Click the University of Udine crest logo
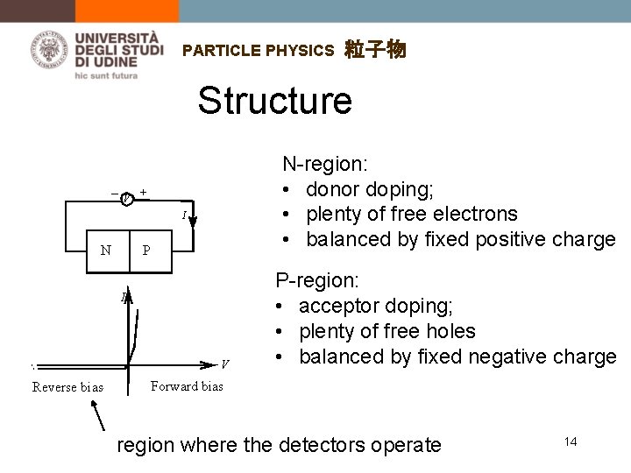[51, 49]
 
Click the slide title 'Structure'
[274, 101]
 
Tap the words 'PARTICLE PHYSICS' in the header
[259, 51]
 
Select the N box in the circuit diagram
[106, 250]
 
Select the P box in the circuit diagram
[147, 250]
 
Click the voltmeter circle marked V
[128, 197]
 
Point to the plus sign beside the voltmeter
[143, 192]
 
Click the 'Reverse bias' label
[67, 387]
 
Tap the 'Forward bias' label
[188, 385]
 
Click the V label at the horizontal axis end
[226, 363]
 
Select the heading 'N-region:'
[323, 164]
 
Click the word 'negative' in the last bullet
[491, 357]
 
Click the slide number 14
[571, 441]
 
